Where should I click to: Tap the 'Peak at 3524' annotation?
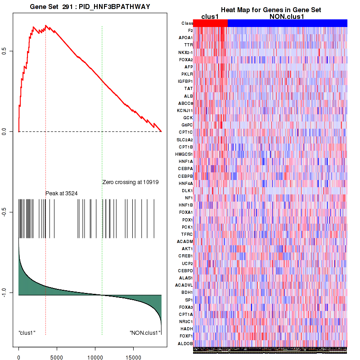62,193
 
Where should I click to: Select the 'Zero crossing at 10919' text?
130,182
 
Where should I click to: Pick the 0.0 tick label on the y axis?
4,131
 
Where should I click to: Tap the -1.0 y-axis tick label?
4,293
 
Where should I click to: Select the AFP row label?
189,67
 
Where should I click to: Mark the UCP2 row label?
187,263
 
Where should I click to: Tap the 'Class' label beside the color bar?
187,23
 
